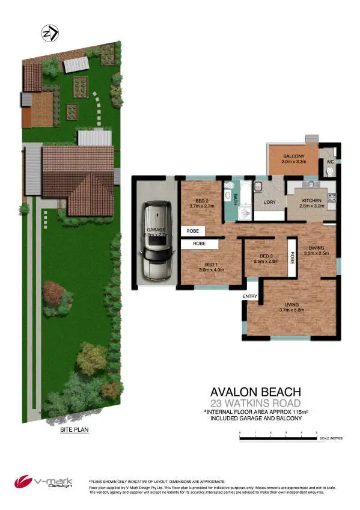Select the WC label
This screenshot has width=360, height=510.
(x=330, y=162)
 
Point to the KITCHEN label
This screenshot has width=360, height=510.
(x=312, y=200)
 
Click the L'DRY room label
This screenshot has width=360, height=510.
(x=269, y=202)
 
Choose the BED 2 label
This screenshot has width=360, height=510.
(x=202, y=201)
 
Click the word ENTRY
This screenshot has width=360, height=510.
(x=249, y=296)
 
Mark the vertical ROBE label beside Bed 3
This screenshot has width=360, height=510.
(x=293, y=257)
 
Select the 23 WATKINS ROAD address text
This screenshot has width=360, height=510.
(x=255, y=402)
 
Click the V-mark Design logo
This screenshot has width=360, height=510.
(x=44, y=482)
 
